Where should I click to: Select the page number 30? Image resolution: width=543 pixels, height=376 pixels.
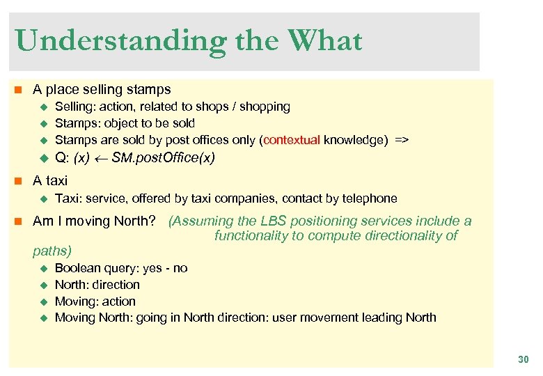pyautogui.click(x=523, y=359)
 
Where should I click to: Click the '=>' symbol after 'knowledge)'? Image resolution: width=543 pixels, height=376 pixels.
pyautogui.click(x=402, y=140)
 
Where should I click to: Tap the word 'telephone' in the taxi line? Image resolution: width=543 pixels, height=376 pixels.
pyautogui.click(x=370, y=198)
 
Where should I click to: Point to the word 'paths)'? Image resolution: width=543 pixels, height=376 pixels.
pyautogui.click(x=52, y=250)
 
